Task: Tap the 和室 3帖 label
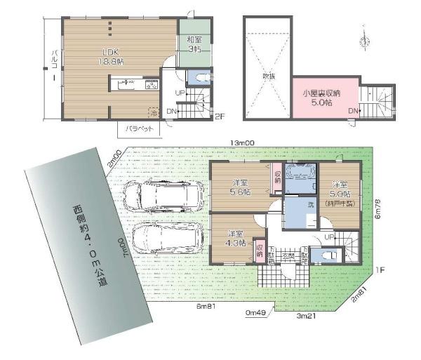point(194,44)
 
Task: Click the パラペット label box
point(139,129)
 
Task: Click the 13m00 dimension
point(244,143)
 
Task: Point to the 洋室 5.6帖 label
point(242,187)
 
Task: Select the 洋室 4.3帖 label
point(236,239)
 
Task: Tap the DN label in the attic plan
point(352,111)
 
